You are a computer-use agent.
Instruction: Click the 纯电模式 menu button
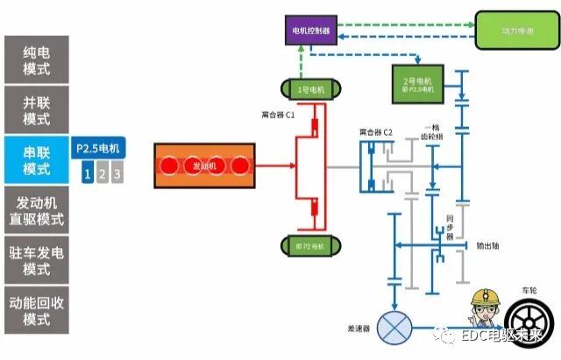pyautogui.click(x=36, y=60)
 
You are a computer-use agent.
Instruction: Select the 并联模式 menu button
pyautogui.click(x=36, y=109)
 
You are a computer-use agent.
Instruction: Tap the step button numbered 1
pyautogui.click(x=87, y=173)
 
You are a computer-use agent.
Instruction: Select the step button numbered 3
pyautogui.click(x=117, y=173)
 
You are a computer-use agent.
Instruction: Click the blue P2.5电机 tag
pyautogui.click(x=101, y=148)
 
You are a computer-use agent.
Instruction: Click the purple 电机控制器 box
pyautogui.click(x=313, y=32)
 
